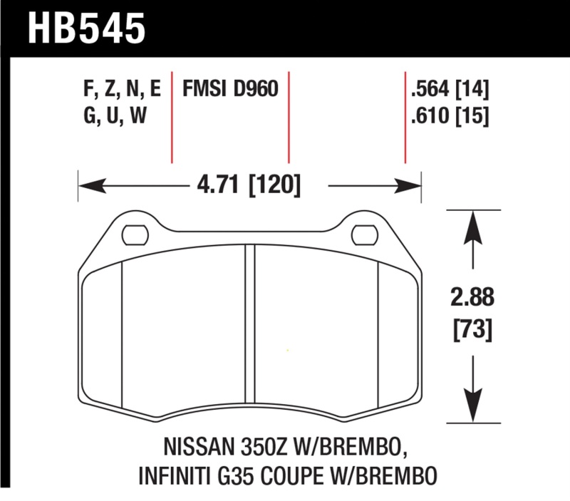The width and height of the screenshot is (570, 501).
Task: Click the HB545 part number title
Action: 86,29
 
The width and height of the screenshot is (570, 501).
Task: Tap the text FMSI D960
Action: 230,89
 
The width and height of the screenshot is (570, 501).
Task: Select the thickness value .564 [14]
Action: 450,90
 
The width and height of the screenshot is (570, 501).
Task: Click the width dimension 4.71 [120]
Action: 249,187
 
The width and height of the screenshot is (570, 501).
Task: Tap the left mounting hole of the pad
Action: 133,232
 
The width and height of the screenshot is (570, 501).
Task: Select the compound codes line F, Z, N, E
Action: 122,90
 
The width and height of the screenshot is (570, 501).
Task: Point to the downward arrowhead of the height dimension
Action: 470,406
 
